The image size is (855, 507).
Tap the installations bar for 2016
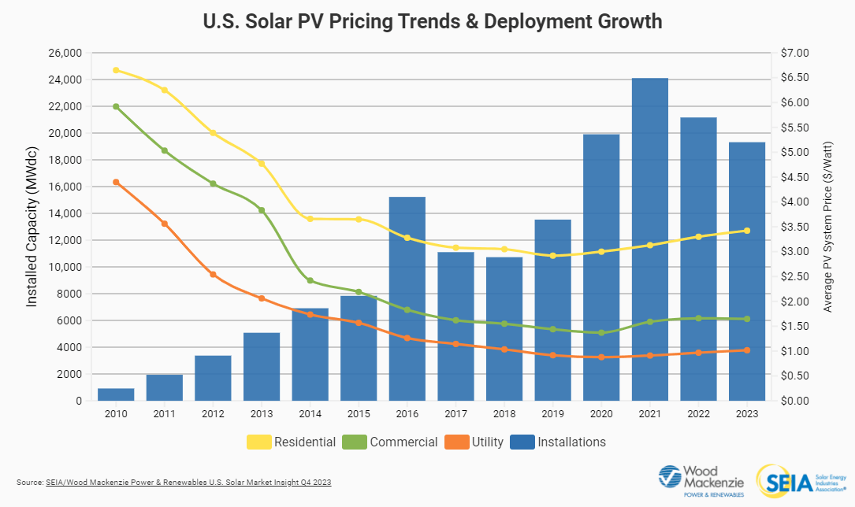point(407,298)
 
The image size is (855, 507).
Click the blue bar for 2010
point(116,394)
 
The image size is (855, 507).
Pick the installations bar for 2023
point(746,271)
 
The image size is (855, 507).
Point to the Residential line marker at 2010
point(116,70)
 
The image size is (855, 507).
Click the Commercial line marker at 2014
point(310,280)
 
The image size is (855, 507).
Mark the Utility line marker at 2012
point(213,274)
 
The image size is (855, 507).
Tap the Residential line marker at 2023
point(746,231)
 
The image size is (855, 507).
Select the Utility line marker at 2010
point(116,182)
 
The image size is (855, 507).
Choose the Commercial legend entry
point(391,442)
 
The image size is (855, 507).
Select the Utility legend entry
point(475,442)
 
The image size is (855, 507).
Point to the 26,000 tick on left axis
point(65,53)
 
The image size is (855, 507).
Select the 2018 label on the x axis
point(504,414)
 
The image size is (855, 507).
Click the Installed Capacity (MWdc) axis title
point(32,228)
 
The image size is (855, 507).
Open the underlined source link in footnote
point(188,481)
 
